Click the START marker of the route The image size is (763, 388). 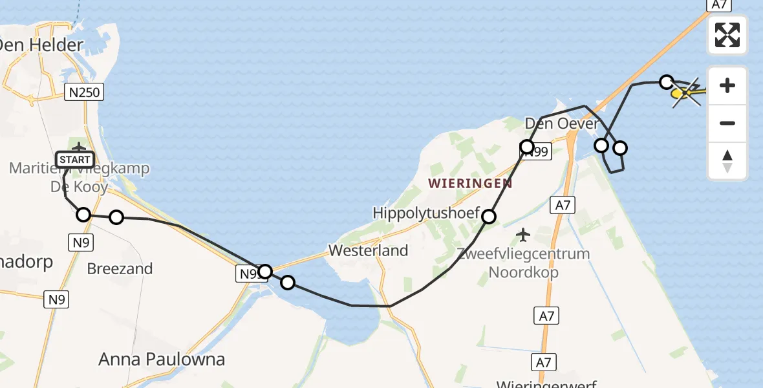75,159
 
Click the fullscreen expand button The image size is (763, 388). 727,35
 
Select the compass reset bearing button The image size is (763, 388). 727,161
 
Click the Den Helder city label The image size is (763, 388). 41,45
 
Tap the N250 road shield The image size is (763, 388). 84,92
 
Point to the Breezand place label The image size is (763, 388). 120,268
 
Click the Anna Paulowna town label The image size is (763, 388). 162,360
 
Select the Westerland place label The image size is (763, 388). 368,250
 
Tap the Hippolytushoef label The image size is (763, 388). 425,213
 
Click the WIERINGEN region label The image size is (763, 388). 470,184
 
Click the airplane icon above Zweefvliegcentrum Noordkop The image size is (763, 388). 523,233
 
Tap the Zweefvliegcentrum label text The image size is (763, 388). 523,254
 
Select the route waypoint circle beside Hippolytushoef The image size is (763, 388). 489,217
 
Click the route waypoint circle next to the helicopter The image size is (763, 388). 666,81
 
